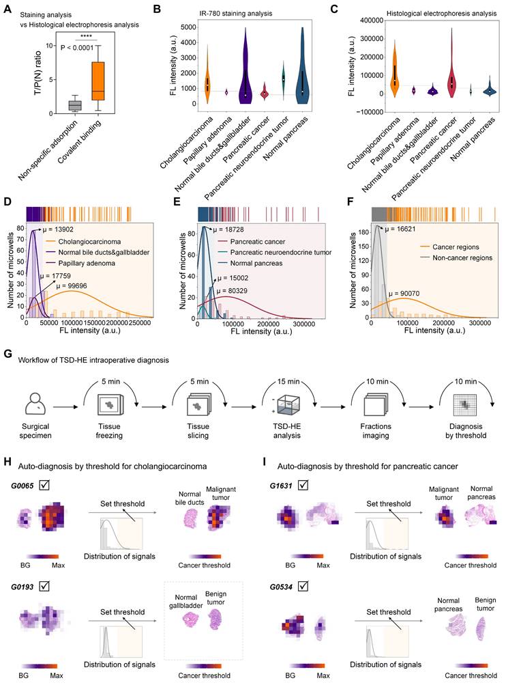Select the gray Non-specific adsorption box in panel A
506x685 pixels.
(x=75, y=104)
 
